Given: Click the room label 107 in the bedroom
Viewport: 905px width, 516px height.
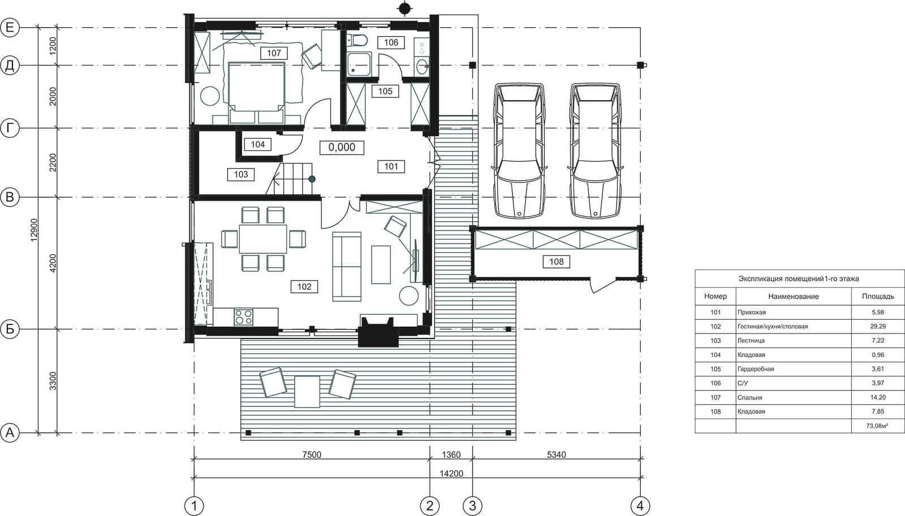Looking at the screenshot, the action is click(274, 53).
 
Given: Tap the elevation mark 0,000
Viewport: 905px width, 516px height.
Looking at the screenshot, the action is click(342, 148).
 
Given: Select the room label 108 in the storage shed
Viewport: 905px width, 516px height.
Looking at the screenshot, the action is click(557, 262).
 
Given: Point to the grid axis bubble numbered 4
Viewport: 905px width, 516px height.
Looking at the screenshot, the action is click(640, 505).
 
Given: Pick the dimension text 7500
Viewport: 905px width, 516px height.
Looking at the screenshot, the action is click(312, 454).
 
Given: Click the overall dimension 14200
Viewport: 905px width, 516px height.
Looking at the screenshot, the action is click(451, 473).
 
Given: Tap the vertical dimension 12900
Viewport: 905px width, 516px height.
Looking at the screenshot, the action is click(34, 230).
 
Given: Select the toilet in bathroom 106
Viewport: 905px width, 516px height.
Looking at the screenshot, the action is click(357, 41).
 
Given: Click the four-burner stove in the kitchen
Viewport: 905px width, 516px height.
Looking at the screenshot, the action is click(244, 317).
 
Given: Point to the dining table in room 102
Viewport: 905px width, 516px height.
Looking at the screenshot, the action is click(263, 239).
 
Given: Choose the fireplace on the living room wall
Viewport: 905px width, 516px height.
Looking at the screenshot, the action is click(378, 332).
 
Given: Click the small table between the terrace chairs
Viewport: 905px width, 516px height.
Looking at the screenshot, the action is click(307, 392).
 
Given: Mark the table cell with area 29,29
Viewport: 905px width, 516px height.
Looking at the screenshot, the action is click(878, 326).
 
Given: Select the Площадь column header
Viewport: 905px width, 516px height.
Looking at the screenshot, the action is click(878, 296).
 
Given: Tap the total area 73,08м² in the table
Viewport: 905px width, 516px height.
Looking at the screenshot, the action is click(877, 426).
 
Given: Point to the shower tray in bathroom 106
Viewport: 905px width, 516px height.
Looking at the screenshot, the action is click(359, 64).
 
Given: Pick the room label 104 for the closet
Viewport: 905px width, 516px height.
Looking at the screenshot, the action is click(257, 144).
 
